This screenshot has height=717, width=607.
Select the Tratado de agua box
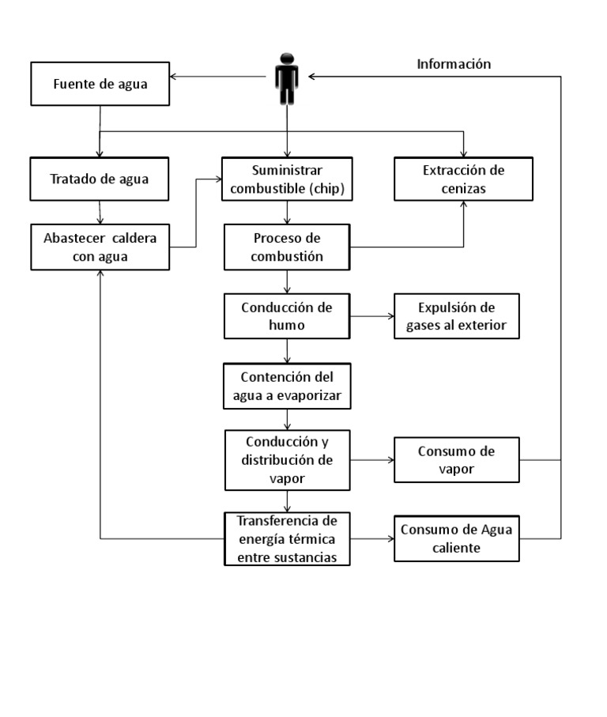[100, 179]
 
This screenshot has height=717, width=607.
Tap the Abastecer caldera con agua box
[100, 247]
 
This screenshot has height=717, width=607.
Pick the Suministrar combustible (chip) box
[287, 179]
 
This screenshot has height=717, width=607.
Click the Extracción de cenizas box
[464, 179]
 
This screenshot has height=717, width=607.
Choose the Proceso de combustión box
[287, 247]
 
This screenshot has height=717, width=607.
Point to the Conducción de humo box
[287, 316]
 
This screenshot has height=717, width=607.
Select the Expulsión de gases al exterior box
[457, 316]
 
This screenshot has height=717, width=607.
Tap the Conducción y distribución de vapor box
[287, 459]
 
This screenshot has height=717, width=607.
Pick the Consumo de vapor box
[457, 459]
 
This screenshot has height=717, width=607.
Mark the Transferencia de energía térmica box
[287, 539]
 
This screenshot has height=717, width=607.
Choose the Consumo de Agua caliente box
[457, 539]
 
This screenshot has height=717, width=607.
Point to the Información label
[454, 64]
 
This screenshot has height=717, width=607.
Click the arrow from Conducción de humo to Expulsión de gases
[371, 316]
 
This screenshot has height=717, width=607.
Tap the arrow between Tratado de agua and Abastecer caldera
[100, 211]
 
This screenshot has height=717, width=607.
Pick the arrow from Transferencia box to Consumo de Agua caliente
[371, 539]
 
